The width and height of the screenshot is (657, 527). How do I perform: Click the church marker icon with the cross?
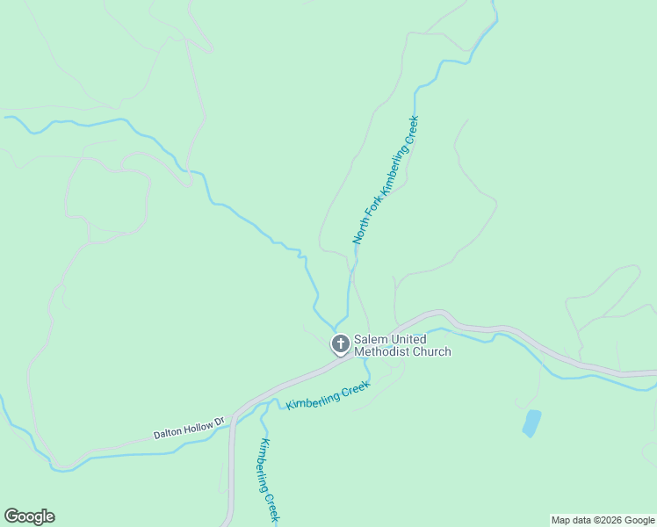click(x=340, y=343)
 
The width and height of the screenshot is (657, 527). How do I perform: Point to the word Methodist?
click(x=383, y=352)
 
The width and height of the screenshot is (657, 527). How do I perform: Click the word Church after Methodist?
click(x=432, y=352)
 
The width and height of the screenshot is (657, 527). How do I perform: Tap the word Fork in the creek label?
click(x=371, y=207)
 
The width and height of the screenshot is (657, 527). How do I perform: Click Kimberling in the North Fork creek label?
click(x=391, y=169)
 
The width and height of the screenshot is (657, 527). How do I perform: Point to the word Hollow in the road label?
click(x=199, y=426)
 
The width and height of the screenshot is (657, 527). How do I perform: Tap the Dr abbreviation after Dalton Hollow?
click(x=220, y=421)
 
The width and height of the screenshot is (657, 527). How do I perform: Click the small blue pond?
click(x=531, y=422)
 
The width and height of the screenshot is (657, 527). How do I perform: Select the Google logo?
click(x=29, y=516)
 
